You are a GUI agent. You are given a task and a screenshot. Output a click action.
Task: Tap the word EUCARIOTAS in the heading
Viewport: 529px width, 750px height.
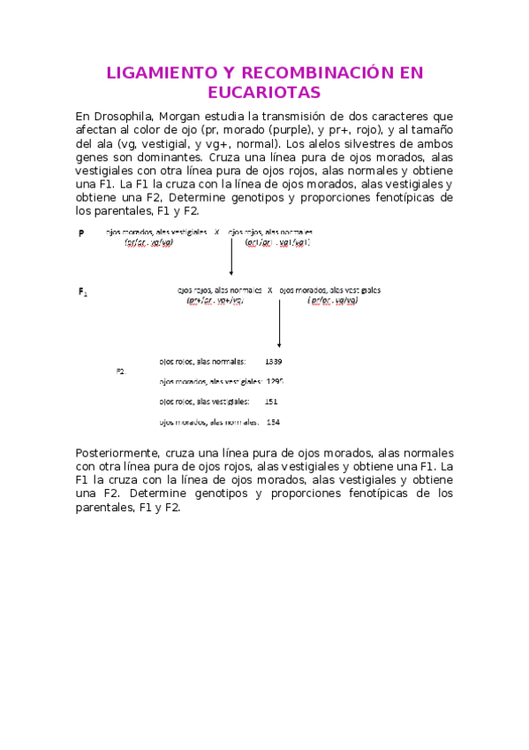tap(264, 93)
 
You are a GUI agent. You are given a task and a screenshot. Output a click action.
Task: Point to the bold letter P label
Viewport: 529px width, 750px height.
tap(81, 233)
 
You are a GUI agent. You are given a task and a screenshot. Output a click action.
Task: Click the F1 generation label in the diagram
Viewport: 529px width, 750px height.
tap(82, 291)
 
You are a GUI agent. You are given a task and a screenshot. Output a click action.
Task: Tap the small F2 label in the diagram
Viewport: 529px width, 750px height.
tap(121, 371)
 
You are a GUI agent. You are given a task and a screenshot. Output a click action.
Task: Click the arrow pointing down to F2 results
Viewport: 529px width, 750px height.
tap(279, 323)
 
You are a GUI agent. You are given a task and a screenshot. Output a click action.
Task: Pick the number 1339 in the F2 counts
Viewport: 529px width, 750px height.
tap(273, 362)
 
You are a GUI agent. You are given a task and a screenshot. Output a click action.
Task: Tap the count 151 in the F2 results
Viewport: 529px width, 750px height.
tap(271, 402)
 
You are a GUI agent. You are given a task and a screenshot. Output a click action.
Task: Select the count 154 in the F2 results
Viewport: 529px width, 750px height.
tap(272, 422)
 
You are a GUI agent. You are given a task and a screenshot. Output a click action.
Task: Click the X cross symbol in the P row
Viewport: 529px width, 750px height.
tap(217, 232)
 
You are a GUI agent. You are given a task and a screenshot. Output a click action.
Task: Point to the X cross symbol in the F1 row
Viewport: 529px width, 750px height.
tap(269, 289)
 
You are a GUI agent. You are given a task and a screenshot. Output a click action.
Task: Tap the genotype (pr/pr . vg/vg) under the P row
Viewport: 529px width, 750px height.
tap(148, 242)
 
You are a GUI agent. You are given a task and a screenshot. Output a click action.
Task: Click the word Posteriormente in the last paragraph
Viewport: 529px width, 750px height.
tap(116, 453)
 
